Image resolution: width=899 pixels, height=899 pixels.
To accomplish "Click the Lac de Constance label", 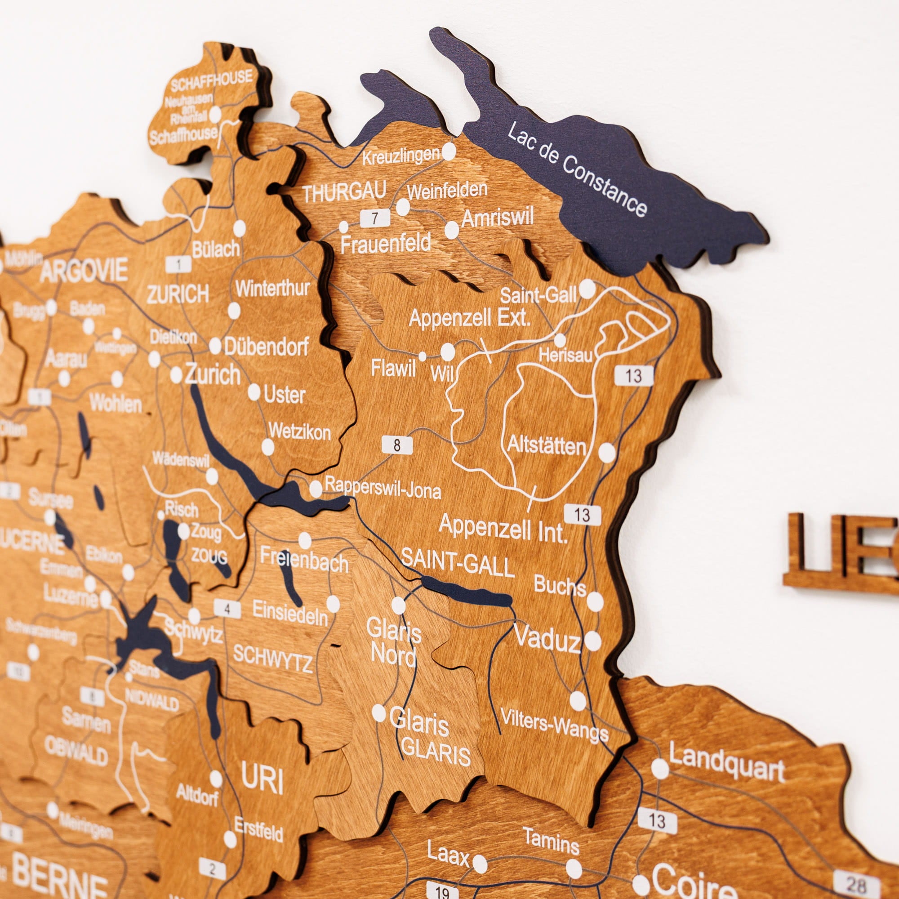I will coord(577,169).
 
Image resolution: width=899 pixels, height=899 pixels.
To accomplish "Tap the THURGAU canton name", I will coord(344,192).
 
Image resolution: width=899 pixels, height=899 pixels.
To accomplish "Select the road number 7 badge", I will coord(374,218).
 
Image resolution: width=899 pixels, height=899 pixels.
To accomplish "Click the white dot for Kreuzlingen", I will coord(449,151).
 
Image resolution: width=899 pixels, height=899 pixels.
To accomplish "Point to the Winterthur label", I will coord(272,289).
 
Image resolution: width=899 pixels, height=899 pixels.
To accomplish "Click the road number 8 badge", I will coord(397,445).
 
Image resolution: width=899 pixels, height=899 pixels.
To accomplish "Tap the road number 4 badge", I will coord(227,610).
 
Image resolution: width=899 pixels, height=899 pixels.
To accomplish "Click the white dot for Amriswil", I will coord(451,230).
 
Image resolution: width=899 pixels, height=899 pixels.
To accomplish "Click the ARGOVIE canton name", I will coord(84,271).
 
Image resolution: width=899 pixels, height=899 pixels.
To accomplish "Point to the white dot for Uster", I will coord(254,392).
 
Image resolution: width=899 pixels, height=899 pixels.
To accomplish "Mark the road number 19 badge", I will coord(441,891).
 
